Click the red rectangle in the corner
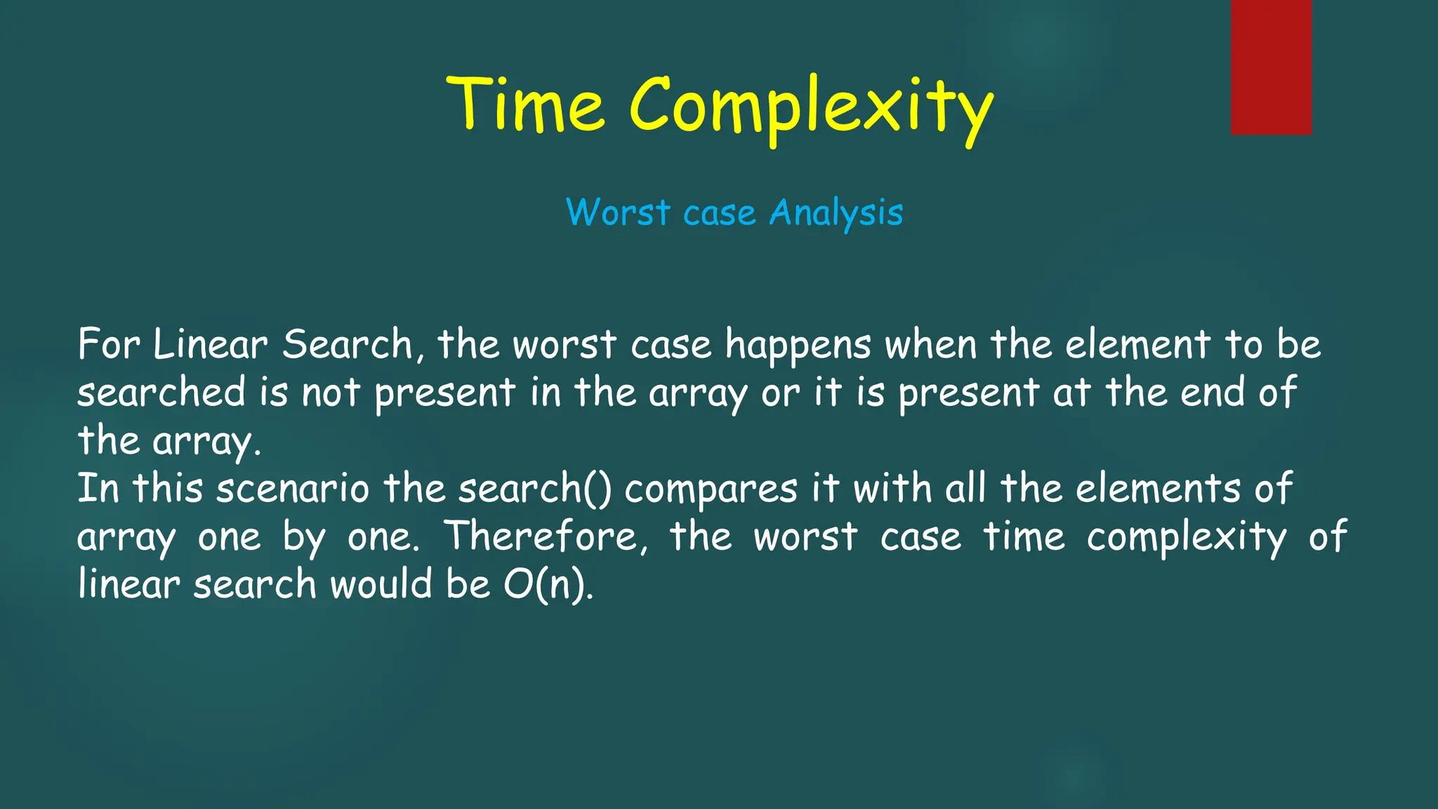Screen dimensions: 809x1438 1271,67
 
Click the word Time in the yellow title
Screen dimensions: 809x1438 525,105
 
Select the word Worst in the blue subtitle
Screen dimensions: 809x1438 618,212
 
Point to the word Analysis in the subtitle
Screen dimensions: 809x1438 836,213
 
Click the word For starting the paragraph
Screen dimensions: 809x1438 109,344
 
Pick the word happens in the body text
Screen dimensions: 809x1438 798,346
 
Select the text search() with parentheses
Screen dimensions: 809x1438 535,489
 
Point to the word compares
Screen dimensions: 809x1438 711,490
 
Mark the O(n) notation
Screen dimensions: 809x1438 548,584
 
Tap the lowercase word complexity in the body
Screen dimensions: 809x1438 1187,538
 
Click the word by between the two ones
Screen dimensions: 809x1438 304,538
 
